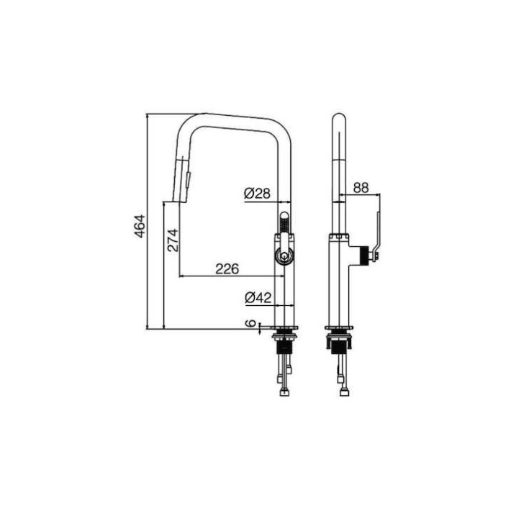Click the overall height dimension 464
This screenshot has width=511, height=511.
click(x=140, y=226)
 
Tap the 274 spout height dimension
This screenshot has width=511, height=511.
click(x=173, y=240)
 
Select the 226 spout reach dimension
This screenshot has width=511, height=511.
click(x=227, y=269)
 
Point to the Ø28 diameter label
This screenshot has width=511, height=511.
click(x=257, y=194)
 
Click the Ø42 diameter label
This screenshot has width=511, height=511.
click(x=258, y=297)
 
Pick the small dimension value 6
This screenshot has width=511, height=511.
click(x=250, y=323)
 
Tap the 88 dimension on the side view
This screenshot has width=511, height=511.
click(x=361, y=188)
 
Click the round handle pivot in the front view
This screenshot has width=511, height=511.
click(x=285, y=256)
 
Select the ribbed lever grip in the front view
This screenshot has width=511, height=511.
click(x=284, y=225)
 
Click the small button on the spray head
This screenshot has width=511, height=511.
click(x=188, y=180)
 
